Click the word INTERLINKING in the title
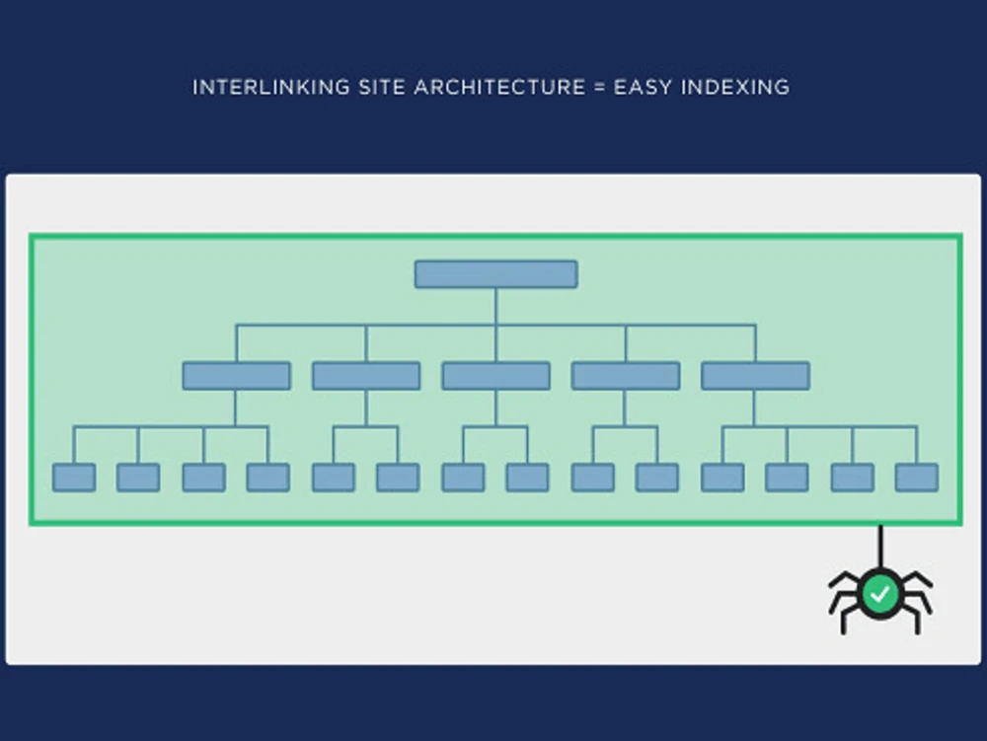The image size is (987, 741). coord(270,87)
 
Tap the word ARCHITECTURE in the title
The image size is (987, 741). coord(499,87)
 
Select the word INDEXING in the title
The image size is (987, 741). coord(735,87)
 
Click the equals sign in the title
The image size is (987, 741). coord(599,87)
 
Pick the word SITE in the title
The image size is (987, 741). coord(381,87)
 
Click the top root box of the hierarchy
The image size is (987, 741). coord(496,274)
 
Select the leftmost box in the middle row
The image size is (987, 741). coord(237,376)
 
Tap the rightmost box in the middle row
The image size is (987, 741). coord(755,376)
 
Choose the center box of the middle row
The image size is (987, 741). coord(496,376)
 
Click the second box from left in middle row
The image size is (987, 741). coord(366,376)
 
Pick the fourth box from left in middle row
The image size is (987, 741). coord(626,376)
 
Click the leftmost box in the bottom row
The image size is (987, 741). coord(74,478)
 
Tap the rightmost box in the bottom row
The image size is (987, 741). coord(917,478)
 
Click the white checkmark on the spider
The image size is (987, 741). coord(880,593)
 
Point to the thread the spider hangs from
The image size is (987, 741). coord(880,546)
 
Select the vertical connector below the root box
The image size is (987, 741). coord(496,307)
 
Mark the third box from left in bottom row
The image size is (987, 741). coord(204,478)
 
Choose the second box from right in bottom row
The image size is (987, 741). coord(853,478)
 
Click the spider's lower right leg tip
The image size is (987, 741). coord(918,630)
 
